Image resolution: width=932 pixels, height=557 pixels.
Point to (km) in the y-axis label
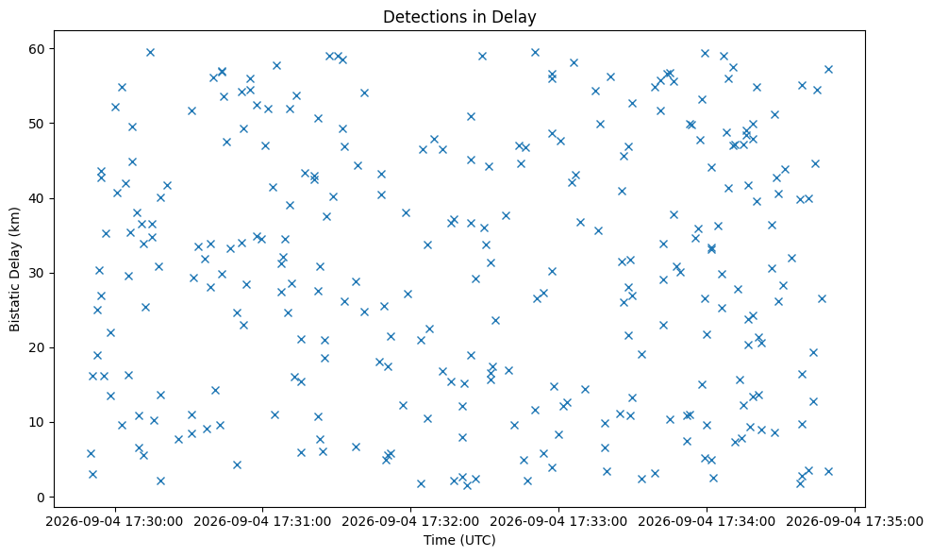(14, 221)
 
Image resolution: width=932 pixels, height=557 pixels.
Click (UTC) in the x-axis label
(476, 540)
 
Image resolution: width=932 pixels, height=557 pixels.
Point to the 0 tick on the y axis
(42, 498)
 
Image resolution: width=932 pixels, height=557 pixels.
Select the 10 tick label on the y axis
(38, 423)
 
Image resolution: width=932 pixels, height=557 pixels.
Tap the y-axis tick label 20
(38, 347)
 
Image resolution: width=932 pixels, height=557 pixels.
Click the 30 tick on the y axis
(38, 273)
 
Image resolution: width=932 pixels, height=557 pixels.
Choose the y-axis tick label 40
(38, 198)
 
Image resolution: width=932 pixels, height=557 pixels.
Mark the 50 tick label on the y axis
(38, 123)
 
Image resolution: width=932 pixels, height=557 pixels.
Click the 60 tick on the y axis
(38, 49)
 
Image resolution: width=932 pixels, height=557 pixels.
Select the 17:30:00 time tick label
(115, 522)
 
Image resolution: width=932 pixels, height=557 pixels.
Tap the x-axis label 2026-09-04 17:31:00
(263, 522)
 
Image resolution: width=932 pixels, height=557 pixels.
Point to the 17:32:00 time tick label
(410, 522)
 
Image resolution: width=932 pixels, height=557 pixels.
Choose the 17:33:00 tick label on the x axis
(558, 522)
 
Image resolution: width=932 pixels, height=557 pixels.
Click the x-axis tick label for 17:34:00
(707, 522)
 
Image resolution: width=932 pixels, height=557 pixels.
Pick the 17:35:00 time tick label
(855, 522)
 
